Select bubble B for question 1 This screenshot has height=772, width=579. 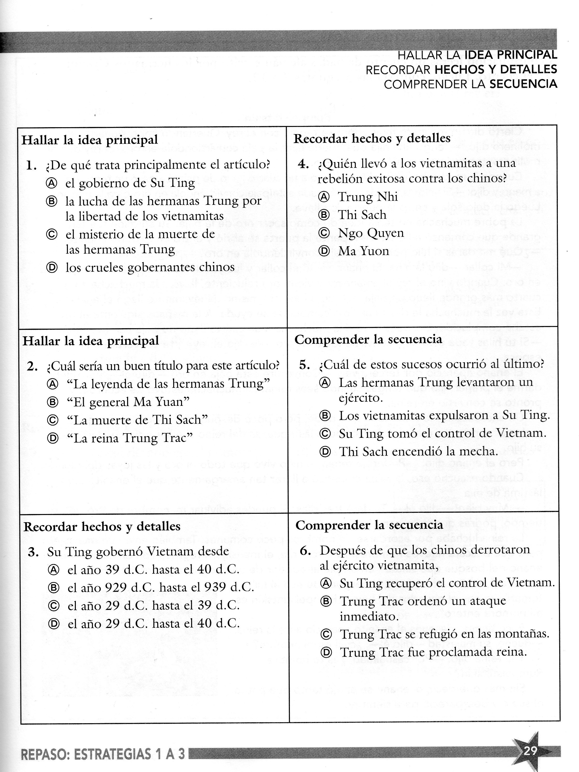pyautogui.click(x=52, y=201)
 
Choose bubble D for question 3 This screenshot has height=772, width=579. pyautogui.click(x=53, y=623)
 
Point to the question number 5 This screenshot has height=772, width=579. pyautogui.click(x=304, y=365)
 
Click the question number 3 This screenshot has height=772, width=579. pyautogui.click(x=33, y=552)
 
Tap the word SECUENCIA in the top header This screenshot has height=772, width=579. pyautogui.click(x=523, y=84)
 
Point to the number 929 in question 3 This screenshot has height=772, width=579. pyautogui.click(x=116, y=587)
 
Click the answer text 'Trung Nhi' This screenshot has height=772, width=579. pyautogui.click(x=368, y=197)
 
